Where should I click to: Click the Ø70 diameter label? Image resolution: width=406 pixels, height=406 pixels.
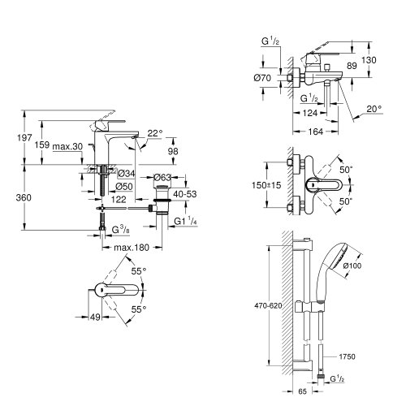(261, 79)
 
